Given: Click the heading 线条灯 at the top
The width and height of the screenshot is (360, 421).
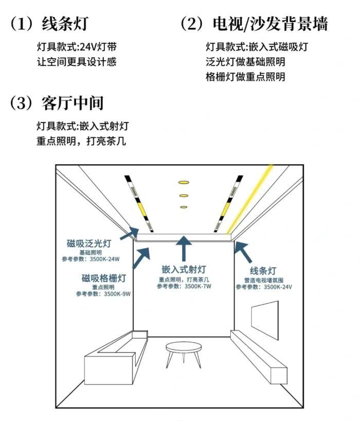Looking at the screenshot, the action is tap(65, 24).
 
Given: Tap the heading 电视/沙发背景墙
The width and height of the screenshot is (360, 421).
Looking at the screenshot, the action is tap(270, 24).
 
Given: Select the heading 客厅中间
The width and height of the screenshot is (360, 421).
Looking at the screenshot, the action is tap(73, 103).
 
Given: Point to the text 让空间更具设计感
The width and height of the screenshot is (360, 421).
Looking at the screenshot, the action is tap(77, 62).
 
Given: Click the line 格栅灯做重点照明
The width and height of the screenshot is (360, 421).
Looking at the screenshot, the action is tap(245, 77).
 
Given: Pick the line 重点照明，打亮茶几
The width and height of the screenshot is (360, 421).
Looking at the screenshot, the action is tap(81, 141).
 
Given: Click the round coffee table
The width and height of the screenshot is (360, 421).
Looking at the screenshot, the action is tap(184, 355).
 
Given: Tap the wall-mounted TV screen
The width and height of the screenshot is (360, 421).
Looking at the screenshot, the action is tap(265, 320).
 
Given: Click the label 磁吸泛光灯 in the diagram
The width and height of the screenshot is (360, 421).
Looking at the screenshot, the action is tap(89, 244).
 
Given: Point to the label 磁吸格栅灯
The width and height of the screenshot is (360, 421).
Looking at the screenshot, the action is tap(103, 278).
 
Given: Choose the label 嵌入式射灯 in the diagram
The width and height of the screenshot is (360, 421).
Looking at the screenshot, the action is tap(184, 269).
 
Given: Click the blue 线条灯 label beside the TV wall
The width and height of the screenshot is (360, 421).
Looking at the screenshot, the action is tap(263, 271).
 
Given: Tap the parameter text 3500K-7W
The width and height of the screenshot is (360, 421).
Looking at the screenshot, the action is tap(198, 286).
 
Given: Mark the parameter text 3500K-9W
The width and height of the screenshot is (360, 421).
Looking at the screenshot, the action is tap(117, 294).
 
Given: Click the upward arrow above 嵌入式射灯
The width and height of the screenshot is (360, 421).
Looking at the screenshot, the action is tap(184, 249).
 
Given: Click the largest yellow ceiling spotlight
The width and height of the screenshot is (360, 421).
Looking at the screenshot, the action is tap(184, 183).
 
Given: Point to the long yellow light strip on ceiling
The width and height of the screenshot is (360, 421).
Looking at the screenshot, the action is tap(250, 199).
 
